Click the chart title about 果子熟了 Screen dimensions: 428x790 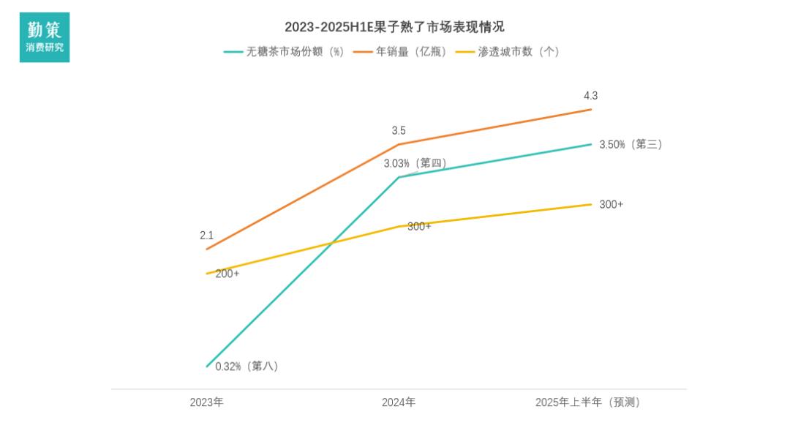[394, 27]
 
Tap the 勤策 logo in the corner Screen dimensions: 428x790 [45, 37]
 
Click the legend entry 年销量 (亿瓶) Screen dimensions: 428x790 [400, 52]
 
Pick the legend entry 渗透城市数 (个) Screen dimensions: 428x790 [508, 52]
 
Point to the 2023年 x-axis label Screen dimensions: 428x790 [207, 402]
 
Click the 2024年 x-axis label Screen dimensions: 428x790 [399, 402]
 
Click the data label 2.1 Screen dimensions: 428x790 [206, 236]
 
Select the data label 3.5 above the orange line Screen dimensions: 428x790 [399, 131]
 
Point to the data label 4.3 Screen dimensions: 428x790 [590, 96]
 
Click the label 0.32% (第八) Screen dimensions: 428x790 [247, 366]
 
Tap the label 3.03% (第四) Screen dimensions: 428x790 [415, 163]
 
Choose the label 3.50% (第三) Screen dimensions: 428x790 [630, 145]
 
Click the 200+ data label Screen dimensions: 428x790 [227, 274]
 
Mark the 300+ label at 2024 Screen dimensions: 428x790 [419, 227]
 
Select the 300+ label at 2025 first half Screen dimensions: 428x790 [611, 205]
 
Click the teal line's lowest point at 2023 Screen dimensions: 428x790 [207, 366]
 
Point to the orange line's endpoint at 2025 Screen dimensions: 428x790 [591, 110]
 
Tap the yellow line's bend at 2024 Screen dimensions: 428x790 [399, 226]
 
